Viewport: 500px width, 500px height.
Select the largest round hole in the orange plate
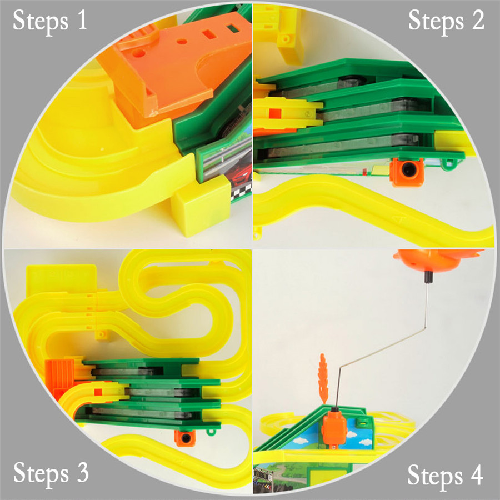coord(139,53)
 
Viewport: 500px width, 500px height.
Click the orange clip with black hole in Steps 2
coord(407,172)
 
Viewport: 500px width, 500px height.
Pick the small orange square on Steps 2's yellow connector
coord(275,113)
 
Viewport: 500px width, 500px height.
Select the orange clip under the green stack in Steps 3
coord(185,438)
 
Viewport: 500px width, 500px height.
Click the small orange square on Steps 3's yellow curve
coord(98,392)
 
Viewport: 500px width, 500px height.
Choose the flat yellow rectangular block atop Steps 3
coord(61,278)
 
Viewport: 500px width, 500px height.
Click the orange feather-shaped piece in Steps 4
coord(323,379)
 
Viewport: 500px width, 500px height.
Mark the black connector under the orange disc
coord(427,277)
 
